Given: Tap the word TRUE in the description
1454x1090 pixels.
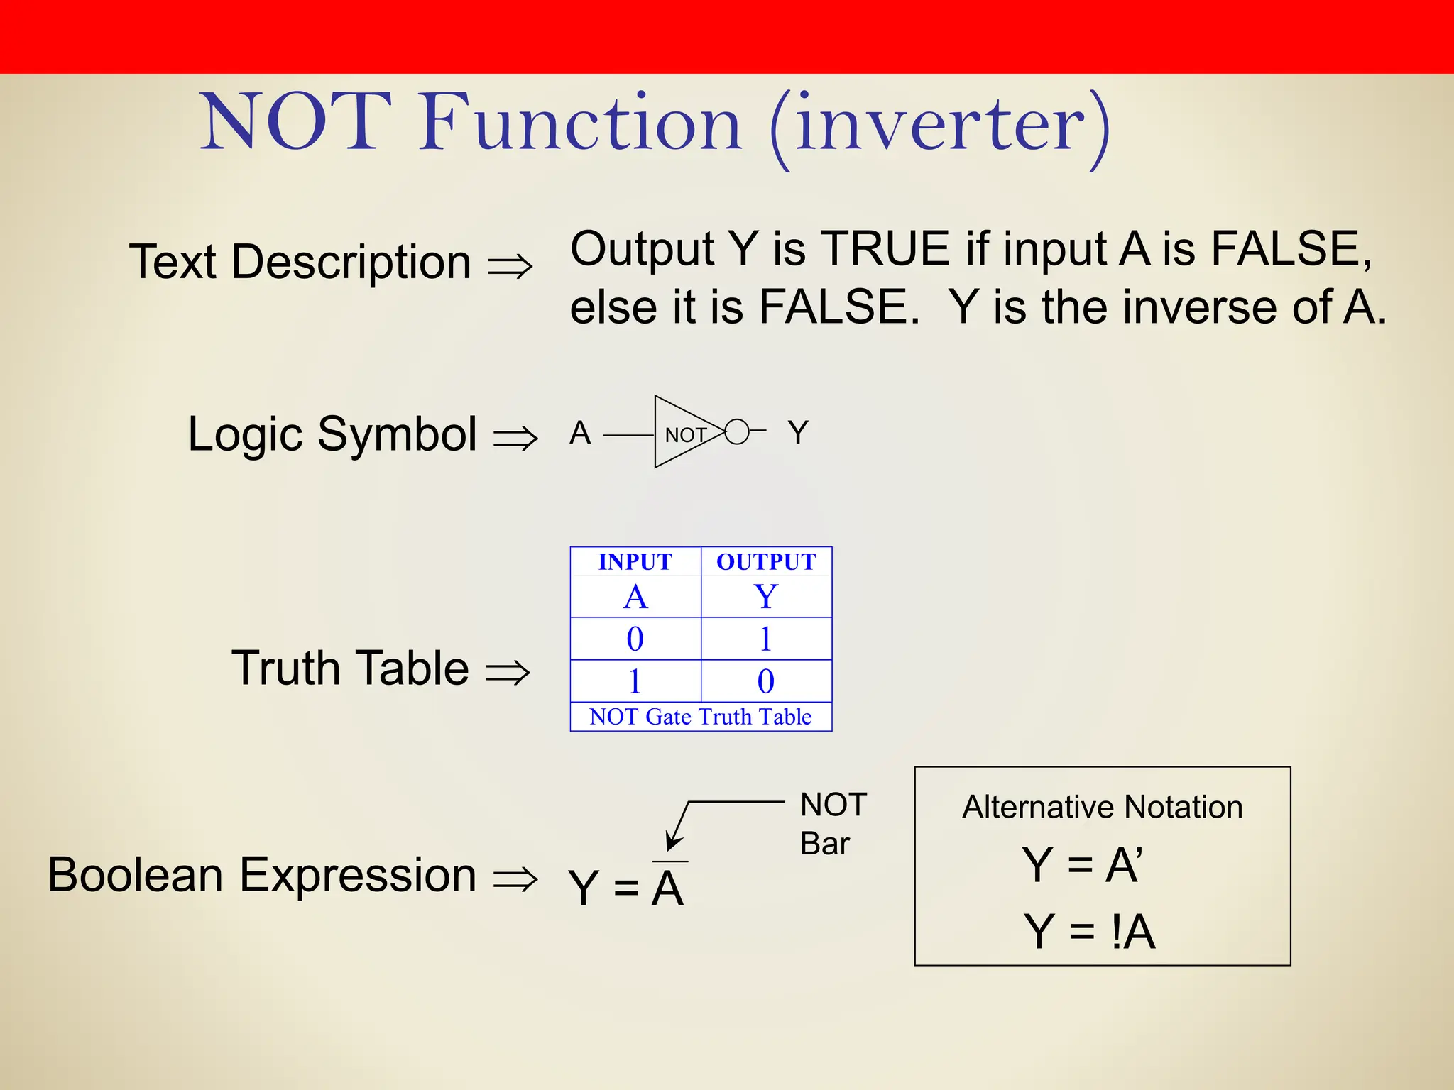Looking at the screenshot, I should [x=885, y=249].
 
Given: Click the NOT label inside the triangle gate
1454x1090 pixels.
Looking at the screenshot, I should [x=685, y=435].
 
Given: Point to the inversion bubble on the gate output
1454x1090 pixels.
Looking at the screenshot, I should [x=737, y=431].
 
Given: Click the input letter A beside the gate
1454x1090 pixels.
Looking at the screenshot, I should [x=580, y=432].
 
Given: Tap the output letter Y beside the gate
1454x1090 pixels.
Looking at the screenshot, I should [x=798, y=432].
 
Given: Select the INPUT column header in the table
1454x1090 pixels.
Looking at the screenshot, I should [x=635, y=561].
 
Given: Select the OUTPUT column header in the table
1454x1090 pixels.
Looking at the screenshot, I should [x=766, y=561].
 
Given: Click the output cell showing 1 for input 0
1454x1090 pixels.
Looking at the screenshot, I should [x=765, y=639].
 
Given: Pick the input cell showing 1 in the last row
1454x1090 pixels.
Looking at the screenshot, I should [x=635, y=681].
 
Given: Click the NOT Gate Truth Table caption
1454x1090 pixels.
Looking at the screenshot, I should [x=700, y=717].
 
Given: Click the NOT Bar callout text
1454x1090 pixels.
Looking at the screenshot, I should [x=832, y=824].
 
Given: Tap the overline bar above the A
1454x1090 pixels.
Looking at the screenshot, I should [x=669, y=861].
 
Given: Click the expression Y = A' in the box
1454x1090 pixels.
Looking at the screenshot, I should [x=1082, y=865].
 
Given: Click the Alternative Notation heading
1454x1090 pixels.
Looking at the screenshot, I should [x=1102, y=808].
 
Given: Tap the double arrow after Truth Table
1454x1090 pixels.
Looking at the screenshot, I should [x=508, y=671].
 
